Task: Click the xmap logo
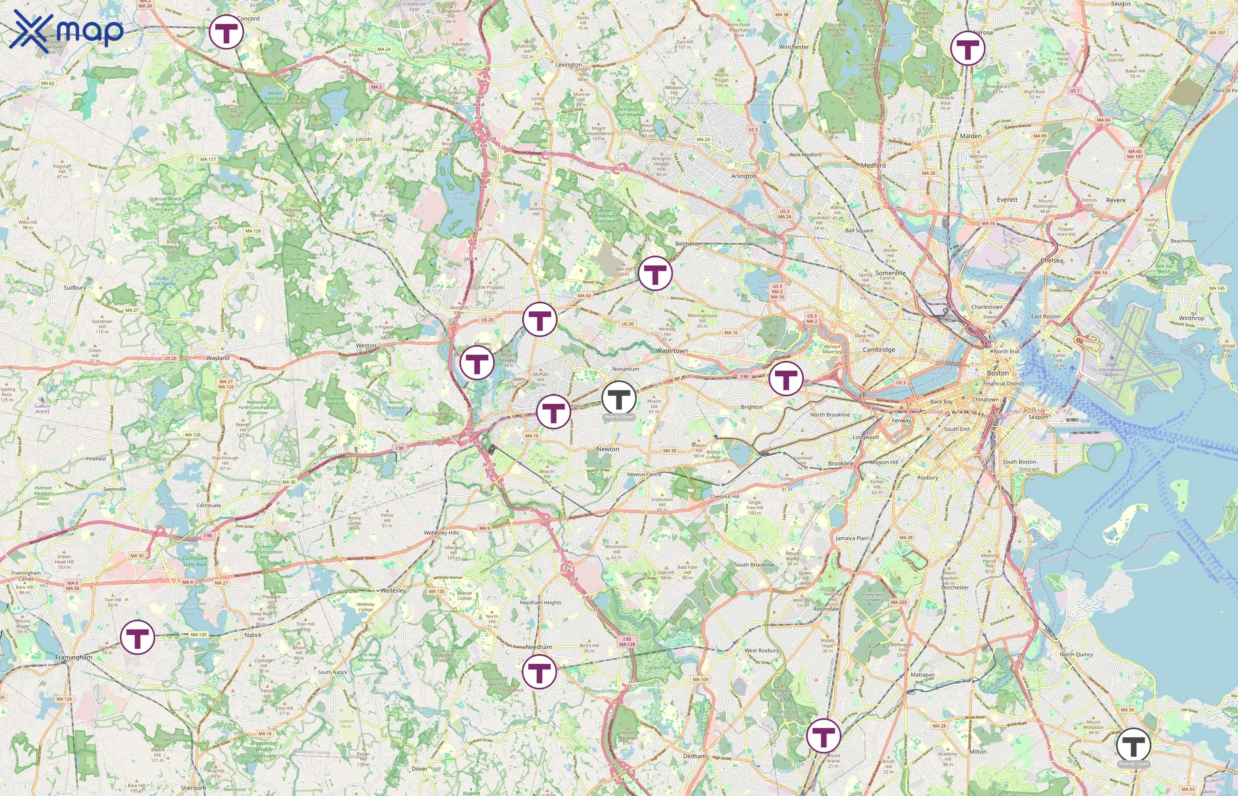click(66, 30)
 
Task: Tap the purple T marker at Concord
click(226, 32)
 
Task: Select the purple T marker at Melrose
click(967, 48)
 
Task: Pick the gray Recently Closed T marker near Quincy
click(1133, 745)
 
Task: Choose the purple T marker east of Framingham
click(138, 637)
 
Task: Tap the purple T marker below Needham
click(539, 671)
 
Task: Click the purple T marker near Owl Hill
click(655, 273)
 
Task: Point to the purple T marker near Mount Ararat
click(824, 735)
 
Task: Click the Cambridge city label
click(879, 350)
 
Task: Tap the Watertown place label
click(672, 350)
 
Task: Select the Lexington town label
click(568, 65)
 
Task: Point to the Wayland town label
click(218, 358)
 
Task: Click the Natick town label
click(253, 635)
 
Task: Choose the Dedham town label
click(694, 756)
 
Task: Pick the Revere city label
click(1116, 200)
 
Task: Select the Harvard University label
click(832, 349)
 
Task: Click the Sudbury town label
click(75, 287)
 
